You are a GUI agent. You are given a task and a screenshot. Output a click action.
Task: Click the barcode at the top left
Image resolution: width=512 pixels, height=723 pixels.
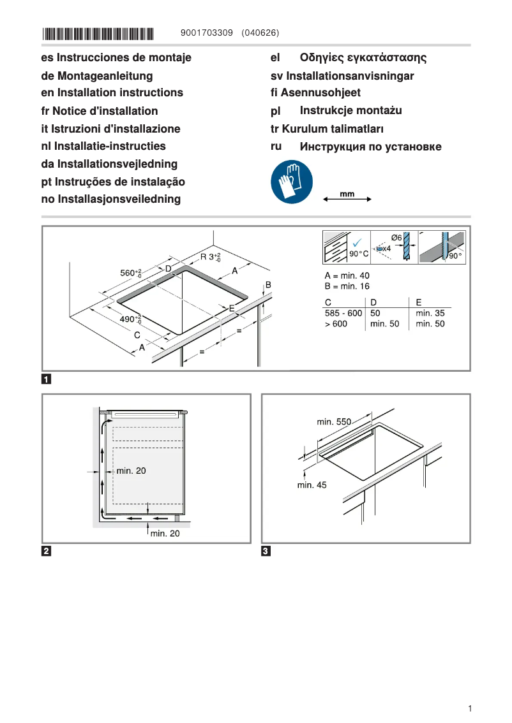coord(98,34)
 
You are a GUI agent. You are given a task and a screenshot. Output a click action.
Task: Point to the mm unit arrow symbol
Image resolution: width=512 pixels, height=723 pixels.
coord(347,198)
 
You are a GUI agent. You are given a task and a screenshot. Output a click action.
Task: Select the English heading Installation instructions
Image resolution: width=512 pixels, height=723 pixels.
coord(112,93)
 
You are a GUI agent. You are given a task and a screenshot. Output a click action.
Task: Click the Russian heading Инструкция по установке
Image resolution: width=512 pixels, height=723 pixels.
coord(370,147)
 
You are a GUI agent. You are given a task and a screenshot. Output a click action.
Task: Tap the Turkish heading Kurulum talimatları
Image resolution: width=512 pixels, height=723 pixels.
coord(327,129)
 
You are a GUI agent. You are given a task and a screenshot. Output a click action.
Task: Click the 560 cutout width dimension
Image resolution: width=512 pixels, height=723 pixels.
coord(131,273)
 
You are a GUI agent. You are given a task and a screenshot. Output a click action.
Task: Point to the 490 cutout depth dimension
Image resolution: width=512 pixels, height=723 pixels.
coord(131,319)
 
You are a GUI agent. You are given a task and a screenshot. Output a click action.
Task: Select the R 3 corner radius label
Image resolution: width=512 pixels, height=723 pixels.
coord(210,257)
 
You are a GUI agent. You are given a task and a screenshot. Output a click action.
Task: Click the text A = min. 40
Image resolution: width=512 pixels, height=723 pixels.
coord(347,275)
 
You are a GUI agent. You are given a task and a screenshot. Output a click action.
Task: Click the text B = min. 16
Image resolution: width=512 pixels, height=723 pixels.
coord(347,286)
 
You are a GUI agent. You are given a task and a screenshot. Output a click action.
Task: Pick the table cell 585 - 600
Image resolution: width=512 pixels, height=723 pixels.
coord(343,313)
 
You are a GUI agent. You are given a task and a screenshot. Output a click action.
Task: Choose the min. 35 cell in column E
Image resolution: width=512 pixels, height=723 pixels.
coord(430,313)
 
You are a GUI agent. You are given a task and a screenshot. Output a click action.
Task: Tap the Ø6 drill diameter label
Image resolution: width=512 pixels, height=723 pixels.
coord(396,238)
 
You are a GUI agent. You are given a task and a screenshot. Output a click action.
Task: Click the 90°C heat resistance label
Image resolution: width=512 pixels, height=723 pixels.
coord(359,254)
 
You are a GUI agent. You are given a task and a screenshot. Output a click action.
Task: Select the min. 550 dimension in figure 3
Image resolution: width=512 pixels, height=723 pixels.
coord(334,422)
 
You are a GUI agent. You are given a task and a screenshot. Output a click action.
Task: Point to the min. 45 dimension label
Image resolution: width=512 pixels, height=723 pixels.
coord(312,485)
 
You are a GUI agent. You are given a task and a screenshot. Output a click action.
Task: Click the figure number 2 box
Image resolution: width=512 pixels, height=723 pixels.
coord(47,551)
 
